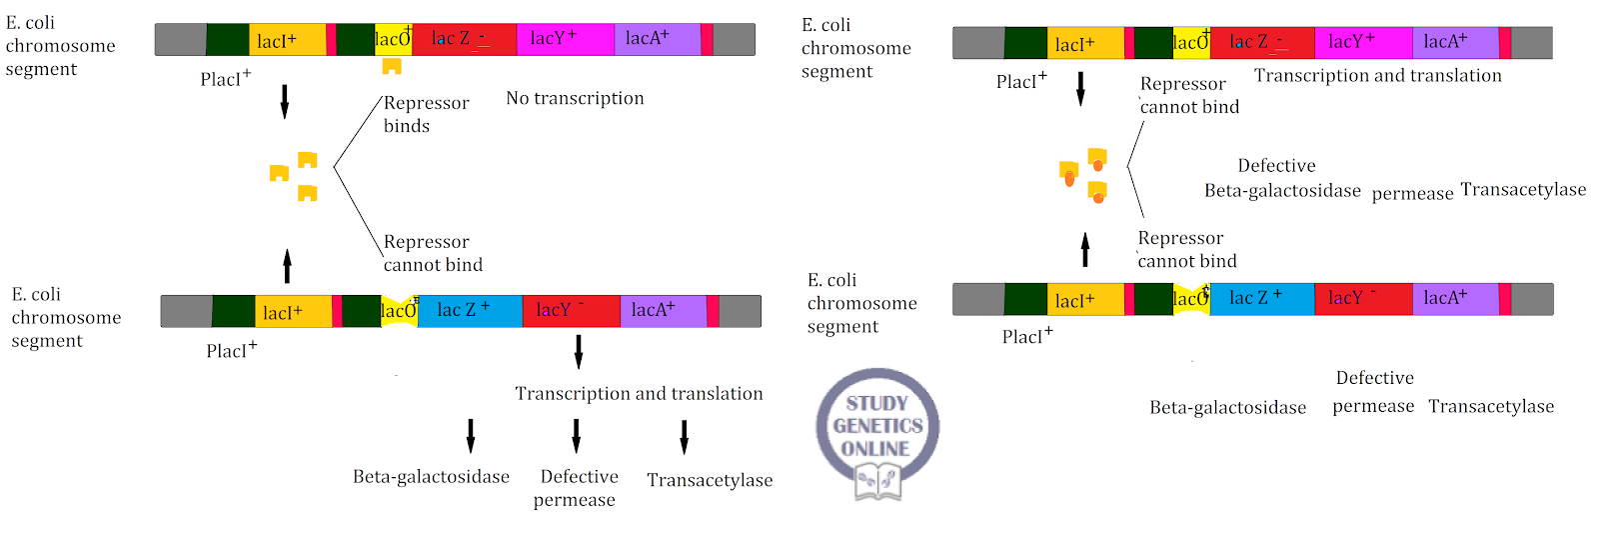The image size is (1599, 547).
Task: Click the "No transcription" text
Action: pyautogui.click(x=575, y=98)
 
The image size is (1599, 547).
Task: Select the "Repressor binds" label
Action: pyautogui.click(x=425, y=114)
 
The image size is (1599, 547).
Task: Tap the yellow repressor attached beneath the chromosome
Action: pyautogui.click(x=392, y=66)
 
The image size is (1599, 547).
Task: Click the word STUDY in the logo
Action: pyautogui.click(x=876, y=403)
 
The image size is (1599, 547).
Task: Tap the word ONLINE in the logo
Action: pyautogui.click(x=875, y=449)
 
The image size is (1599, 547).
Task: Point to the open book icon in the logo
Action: pyautogui.click(x=877, y=482)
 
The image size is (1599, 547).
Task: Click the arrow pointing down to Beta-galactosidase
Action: pyautogui.click(x=470, y=436)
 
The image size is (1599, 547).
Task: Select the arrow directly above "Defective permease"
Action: pyautogui.click(x=576, y=436)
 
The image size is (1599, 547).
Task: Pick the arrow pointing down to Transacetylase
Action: pyautogui.click(x=684, y=437)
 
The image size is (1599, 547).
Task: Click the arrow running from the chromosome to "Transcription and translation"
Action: pyautogui.click(x=578, y=352)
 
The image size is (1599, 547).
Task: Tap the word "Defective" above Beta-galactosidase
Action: pyautogui.click(x=1276, y=166)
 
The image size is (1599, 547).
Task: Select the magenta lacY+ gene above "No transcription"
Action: pyautogui.click(x=565, y=39)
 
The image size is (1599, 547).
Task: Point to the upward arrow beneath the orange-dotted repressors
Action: pyautogui.click(x=1085, y=249)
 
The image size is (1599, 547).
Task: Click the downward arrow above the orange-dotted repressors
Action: pyautogui.click(x=1080, y=89)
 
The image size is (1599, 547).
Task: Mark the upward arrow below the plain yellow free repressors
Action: pyautogui.click(x=287, y=266)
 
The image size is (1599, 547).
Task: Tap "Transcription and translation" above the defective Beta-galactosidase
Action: pyautogui.click(x=1377, y=76)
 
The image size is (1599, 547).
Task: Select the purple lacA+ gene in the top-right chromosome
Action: pyautogui.click(x=1454, y=42)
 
